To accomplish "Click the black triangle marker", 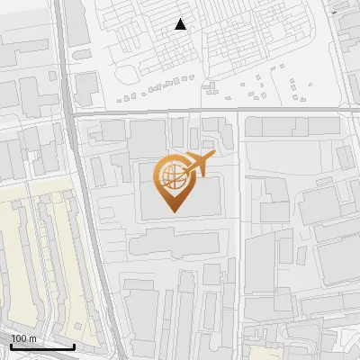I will (181, 24).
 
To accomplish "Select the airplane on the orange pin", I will (195, 165).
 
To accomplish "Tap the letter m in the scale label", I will (33, 338).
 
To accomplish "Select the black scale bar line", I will (42, 346).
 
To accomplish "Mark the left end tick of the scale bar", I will (11, 345).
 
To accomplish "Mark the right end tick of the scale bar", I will (74, 345).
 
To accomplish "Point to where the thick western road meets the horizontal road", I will (72, 113).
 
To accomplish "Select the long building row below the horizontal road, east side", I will (288, 127).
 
